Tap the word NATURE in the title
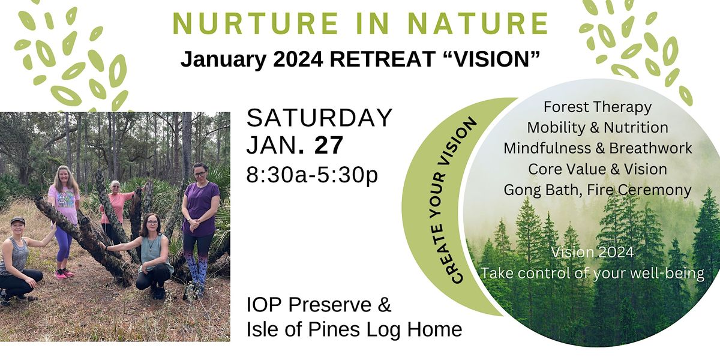[x=479, y=23]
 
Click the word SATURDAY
[x=319, y=118]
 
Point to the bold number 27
[x=329, y=145]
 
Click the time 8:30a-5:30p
[x=312, y=175]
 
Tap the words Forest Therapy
[x=598, y=107]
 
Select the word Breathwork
[x=650, y=148]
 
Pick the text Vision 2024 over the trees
[x=593, y=252]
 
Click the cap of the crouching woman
[x=17, y=221]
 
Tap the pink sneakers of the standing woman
[x=64, y=274]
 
